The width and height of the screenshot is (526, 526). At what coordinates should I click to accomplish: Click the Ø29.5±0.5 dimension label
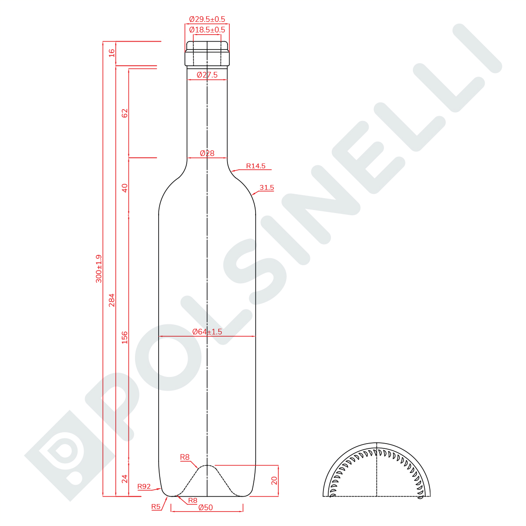207,19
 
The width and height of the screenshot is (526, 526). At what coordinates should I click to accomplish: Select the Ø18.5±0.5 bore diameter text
207,29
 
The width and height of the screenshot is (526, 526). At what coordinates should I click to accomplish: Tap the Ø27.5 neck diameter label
207,75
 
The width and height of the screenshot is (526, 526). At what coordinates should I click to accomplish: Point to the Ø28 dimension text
207,153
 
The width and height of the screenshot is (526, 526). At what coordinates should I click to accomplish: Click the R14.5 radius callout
256,166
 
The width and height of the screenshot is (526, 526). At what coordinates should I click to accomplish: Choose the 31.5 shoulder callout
267,187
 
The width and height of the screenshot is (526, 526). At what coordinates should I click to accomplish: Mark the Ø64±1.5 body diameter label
207,332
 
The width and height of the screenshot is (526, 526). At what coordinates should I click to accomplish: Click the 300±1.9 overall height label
99,269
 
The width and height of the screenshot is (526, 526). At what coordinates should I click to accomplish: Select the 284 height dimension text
112,300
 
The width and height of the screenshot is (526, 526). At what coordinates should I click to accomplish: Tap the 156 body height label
124,338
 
